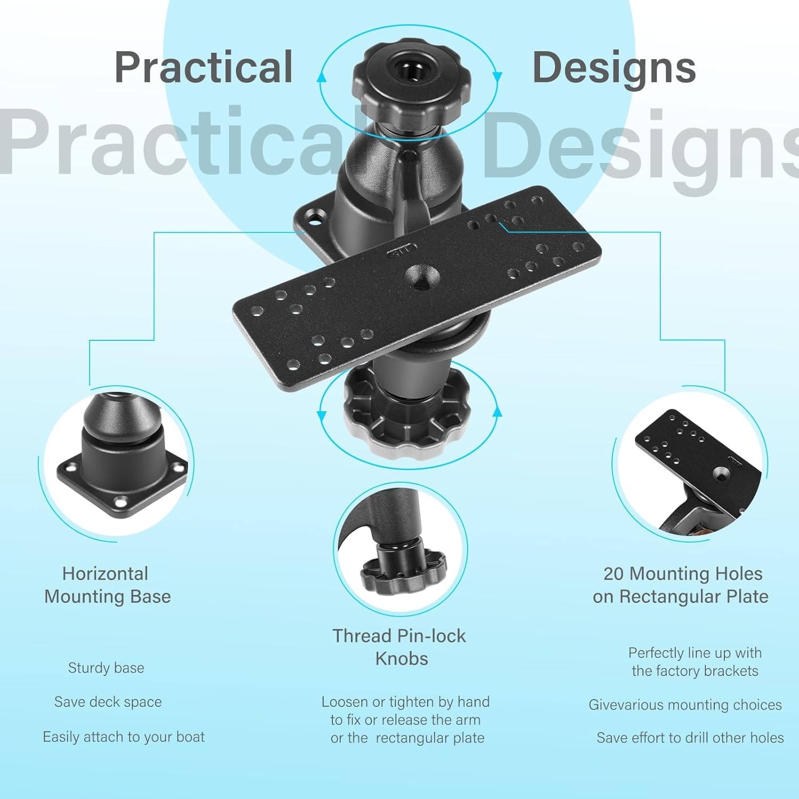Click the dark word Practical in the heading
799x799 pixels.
pos(203,68)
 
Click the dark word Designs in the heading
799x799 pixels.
pos(614,68)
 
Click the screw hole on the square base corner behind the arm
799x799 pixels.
pos(315,217)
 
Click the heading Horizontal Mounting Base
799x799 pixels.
pos(107,585)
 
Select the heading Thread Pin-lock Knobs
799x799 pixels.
pos(399,647)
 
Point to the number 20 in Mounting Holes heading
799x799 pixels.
pos(613,574)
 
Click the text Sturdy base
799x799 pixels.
pos(106,668)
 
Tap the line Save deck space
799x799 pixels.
pos(108,702)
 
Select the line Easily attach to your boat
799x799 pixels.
pos(124,737)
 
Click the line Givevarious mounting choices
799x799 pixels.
pos(685,705)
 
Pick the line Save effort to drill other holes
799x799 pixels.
pos(690,738)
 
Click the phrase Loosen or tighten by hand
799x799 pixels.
pos(405,702)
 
